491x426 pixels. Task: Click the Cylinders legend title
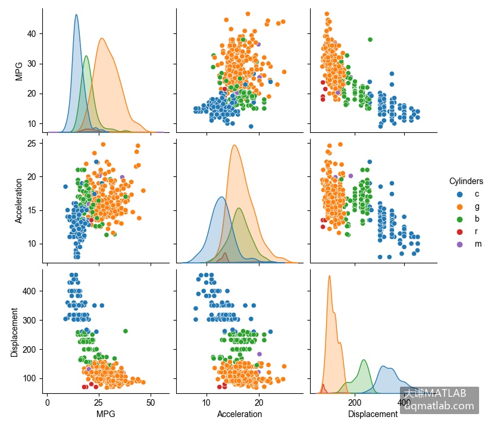coord(466,181)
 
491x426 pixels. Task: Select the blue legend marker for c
coord(459,194)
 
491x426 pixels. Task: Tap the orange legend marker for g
coord(459,207)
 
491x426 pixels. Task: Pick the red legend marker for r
coord(459,232)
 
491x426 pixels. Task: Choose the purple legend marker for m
coord(459,244)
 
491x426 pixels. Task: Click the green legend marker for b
coord(459,219)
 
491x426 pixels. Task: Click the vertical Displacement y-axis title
coord(14,332)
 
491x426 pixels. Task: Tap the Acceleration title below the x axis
coord(240,414)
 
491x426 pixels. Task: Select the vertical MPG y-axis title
coord(19,71)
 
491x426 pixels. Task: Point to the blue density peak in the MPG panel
coord(76,15)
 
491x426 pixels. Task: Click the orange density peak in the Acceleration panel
coord(234,145)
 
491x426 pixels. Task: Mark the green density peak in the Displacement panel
coord(364,360)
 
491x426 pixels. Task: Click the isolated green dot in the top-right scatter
coord(370,39)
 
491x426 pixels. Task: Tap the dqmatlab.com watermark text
coord(439,406)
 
